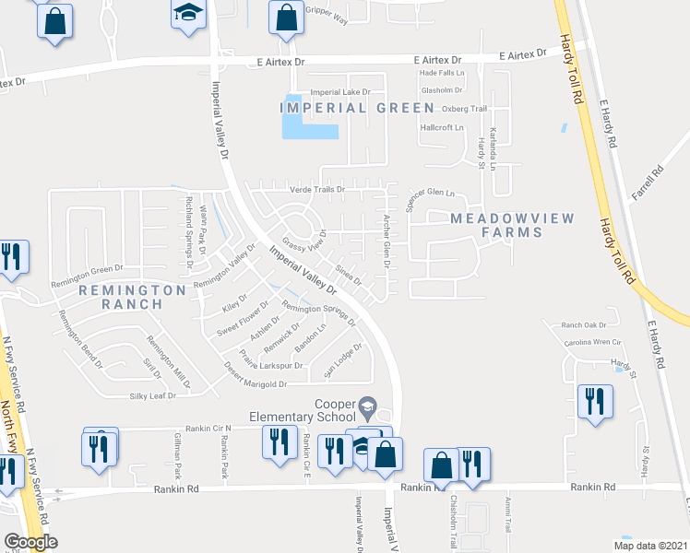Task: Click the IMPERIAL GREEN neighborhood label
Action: (x=357, y=108)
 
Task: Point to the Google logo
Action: (x=30, y=542)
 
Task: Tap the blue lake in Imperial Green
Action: (x=303, y=121)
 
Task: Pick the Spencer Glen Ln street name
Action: (x=431, y=196)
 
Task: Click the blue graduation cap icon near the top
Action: (x=187, y=15)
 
